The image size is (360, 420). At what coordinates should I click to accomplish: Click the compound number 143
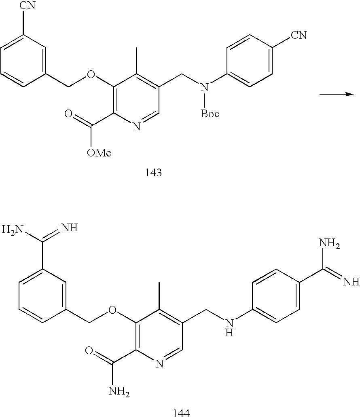(x=153, y=173)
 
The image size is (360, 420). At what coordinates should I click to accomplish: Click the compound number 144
(x=181, y=413)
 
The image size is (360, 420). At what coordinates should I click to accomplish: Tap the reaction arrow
(x=337, y=94)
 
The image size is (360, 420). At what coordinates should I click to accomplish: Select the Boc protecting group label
(x=210, y=114)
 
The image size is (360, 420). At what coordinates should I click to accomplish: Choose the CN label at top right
(x=299, y=36)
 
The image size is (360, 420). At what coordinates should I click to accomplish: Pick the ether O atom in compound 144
(x=114, y=311)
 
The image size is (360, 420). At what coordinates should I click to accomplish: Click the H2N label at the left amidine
(x=12, y=230)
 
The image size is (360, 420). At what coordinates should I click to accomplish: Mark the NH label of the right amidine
(x=351, y=281)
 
